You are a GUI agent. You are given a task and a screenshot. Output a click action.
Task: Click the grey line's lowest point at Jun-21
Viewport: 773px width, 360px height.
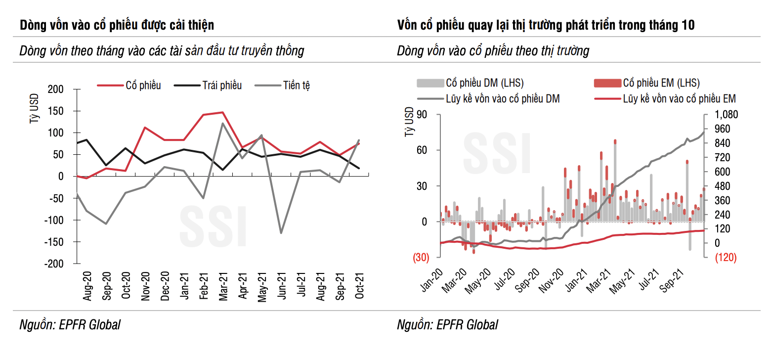(x=281, y=233)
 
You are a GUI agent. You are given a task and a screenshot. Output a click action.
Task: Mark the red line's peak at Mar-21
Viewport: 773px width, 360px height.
(x=222, y=112)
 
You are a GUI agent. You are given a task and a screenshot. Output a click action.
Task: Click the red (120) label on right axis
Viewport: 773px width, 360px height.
(x=722, y=257)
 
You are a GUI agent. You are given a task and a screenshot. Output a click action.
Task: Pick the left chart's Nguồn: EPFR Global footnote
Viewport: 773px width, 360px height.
(x=70, y=325)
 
